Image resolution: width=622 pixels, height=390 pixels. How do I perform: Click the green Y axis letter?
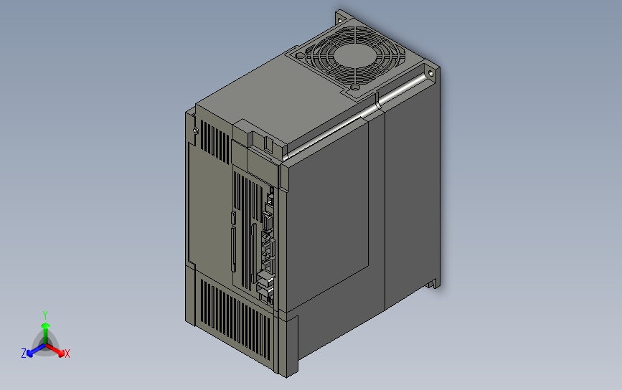pyautogui.click(x=44, y=315)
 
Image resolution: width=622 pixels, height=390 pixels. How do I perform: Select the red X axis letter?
pyautogui.click(x=67, y=353)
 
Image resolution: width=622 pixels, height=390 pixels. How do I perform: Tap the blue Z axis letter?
pyautogui.click(x=24, y=353)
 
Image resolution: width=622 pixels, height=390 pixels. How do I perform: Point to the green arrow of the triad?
pyautogui.click(x=44, y=330)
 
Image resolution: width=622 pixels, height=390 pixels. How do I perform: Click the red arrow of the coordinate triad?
pyautogui.click(x=58, y=351)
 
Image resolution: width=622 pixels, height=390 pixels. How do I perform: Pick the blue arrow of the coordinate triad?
pyautogui.click(x=32, y=351)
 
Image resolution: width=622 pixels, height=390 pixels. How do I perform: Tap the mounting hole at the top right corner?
pyautogui.click(x=431, y=72)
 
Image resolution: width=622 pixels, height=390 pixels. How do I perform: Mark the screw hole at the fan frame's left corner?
pyautogui.click(x=297, y=52)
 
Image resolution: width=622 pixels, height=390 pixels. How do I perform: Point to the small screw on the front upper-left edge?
pyautogui.click(x=196, y=130)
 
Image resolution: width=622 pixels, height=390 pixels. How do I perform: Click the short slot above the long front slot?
pyautogui.click(x=234, y=218)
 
